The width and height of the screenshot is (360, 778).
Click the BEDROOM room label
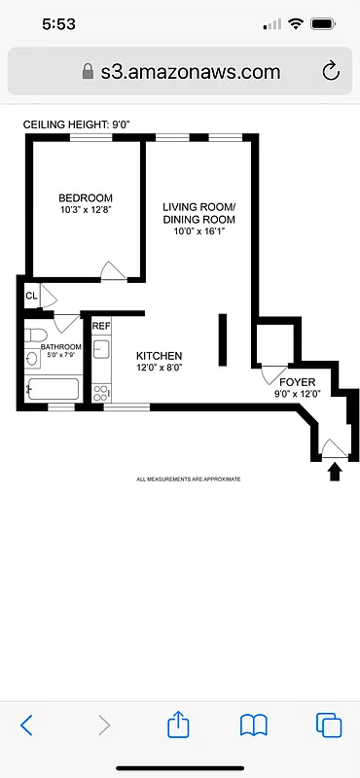click(x=85, y=197)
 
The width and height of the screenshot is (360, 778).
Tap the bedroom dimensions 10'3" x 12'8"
click(x=85, y=211)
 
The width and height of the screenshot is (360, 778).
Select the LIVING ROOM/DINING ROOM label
click(x=198, y=213)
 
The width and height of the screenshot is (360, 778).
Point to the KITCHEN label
click(x=159, y=356)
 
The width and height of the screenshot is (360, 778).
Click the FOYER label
click(x=293, y=382)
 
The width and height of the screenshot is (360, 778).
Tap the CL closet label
click(x=31, y=296)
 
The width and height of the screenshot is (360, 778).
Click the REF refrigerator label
click(x=101, y=327)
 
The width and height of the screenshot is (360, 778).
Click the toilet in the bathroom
click(x=32, y=358)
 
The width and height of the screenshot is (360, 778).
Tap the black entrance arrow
click(x=335, y=472)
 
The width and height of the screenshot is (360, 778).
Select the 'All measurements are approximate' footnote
click(x=188, y=479)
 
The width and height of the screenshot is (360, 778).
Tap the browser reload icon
click(x=330, y=71)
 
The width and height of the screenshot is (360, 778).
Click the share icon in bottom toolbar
click(x=177, y=725)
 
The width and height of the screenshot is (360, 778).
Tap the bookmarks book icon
click(x=254, y=725)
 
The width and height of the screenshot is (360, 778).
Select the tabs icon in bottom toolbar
click(x=329, y=725)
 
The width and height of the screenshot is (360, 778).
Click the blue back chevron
click(x=27, y=725)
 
